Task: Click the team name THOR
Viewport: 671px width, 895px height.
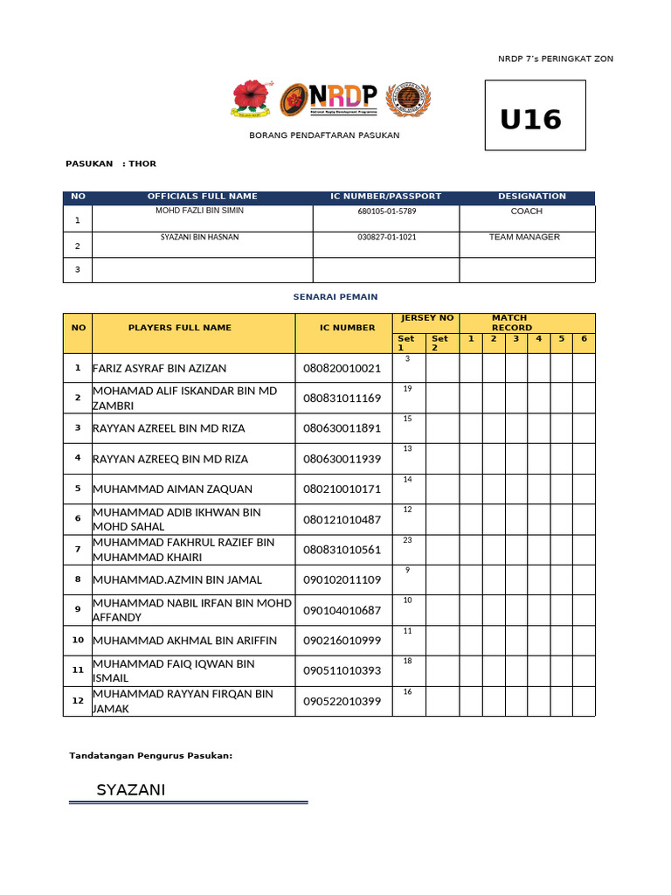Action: click(x=142, y=163)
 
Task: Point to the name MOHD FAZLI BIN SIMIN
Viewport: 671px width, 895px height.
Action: click(x=199, y=211)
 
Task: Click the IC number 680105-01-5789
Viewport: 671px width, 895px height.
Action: click(x=386, y=212)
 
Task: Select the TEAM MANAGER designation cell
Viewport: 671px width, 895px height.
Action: click(x=524, y=237)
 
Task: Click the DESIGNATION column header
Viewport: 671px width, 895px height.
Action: click(x=531, y=197)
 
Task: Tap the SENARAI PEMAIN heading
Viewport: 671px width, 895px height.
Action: click(x=335, y=297)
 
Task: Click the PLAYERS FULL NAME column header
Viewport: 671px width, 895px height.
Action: click(x=180, y=328)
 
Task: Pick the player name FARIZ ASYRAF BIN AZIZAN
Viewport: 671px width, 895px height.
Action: click(x=159, y=368)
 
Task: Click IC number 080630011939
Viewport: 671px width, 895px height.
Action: click(x=342, y=459)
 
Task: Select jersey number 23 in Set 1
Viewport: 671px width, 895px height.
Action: click(x=407, y=540)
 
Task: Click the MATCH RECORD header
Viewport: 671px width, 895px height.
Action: click(x=511, y=323)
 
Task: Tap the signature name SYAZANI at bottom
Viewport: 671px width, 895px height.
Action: click(x=130, y=790)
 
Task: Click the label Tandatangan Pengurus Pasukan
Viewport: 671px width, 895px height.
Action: click(x=150, y=755)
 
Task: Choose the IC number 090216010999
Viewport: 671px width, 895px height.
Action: click(x=342, y=641)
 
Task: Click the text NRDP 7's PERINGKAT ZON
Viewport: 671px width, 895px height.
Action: click(x=556, y=59)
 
